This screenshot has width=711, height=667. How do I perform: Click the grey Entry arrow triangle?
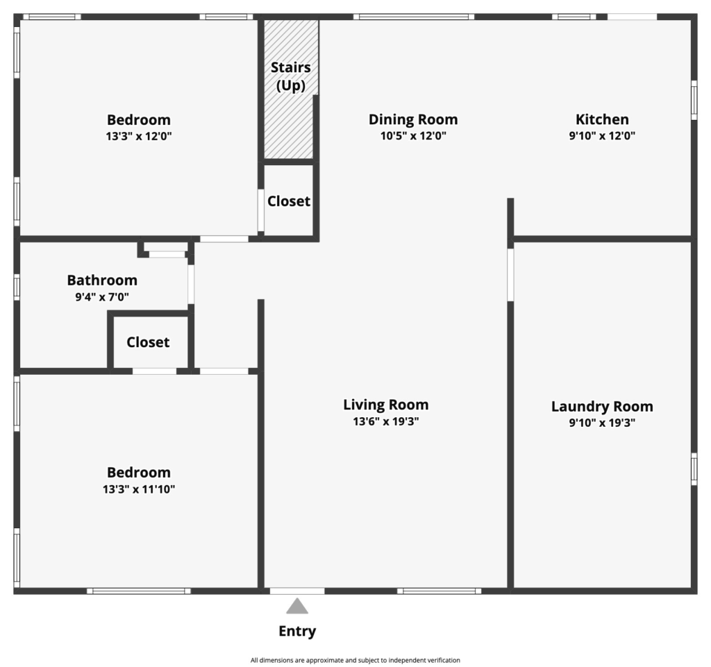[x=297, y=607]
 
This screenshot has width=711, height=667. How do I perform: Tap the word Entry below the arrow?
[x=297, y=631]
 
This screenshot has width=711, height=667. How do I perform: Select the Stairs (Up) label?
[x=291, y=76]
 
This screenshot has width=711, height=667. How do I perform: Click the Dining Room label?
[x=413, y=119]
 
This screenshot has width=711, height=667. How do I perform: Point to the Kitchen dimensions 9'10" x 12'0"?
[x=602, y=135]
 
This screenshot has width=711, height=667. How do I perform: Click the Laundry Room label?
[x=602, y=407]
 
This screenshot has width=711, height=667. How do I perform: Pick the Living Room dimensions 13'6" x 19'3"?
[x=386, y=421]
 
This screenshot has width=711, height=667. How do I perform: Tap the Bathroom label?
[x=102, y=280]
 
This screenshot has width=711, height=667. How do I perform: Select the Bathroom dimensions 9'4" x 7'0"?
[x=102, y=297]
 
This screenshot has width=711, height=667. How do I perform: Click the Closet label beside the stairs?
[x=289, y=201]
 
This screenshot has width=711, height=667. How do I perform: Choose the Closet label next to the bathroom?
[x=148, y=342]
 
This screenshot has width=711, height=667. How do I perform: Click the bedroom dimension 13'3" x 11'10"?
[x=139, y=489]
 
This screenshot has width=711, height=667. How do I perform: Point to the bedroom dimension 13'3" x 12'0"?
[x=139, y=136]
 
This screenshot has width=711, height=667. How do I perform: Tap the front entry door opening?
[x=297, y=591]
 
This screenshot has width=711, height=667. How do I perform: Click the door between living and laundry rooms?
[x=510, y=275]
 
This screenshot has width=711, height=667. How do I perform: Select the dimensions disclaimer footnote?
[x=355, y=660]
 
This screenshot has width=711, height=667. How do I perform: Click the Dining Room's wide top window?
[x=414, y=17]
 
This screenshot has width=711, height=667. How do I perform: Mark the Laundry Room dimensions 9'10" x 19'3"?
[x=602, y=423]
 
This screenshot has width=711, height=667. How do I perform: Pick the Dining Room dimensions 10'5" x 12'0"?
[x=413, y=135]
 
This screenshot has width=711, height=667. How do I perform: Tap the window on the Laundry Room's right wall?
[x=694, y=468]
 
